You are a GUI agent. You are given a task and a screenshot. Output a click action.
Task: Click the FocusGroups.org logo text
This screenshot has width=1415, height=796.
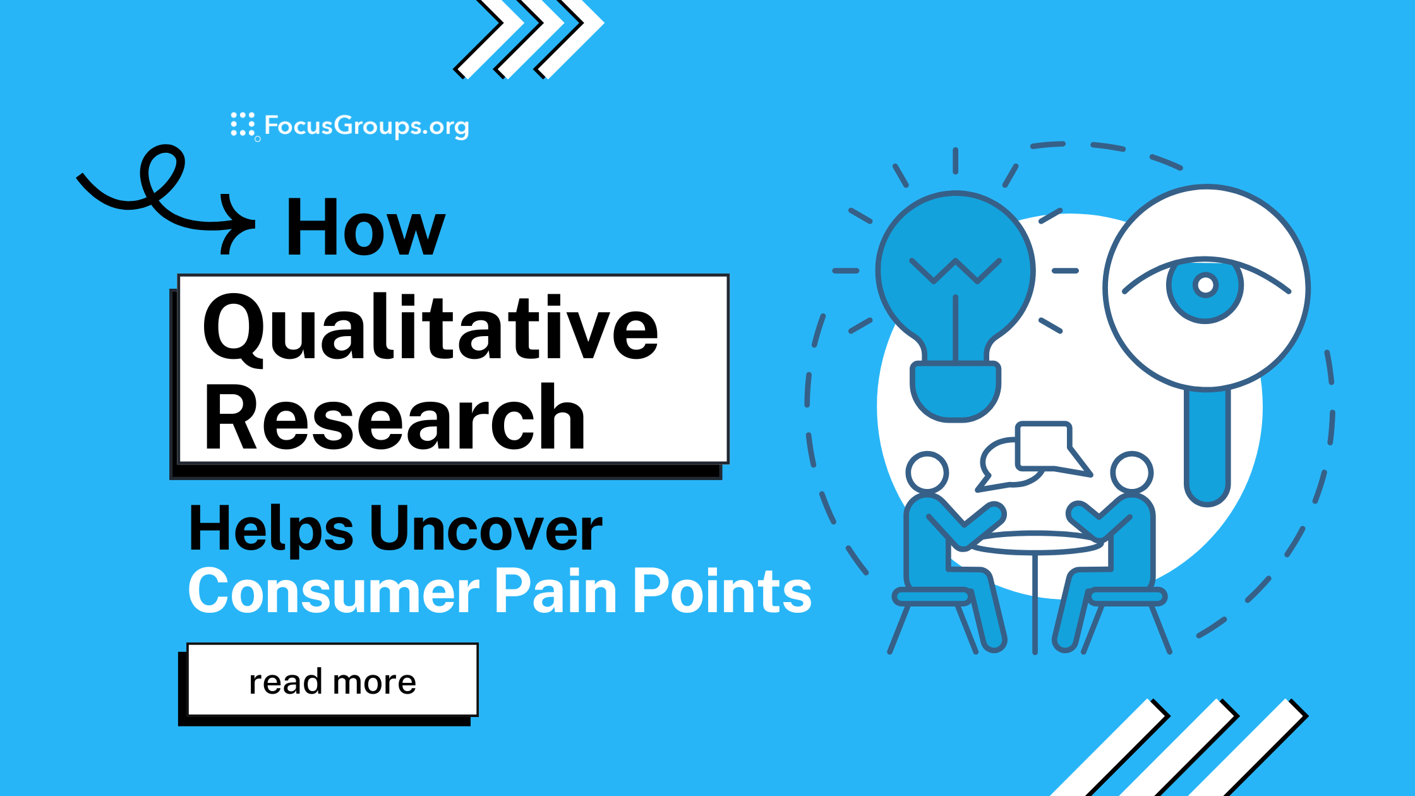(x=366, y=126)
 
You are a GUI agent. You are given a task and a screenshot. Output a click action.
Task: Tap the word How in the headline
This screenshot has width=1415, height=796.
(x=366, y=227)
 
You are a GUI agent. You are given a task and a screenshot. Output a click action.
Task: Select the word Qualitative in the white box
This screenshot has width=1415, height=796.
(x=430, y=329)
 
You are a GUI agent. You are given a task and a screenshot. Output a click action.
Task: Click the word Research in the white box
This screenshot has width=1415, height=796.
(x=394, y=418)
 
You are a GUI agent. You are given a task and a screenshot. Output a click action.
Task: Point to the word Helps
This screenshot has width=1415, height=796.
(x=271, y=529)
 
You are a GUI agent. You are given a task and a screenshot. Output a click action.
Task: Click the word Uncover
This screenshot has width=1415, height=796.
(x=486, y=529)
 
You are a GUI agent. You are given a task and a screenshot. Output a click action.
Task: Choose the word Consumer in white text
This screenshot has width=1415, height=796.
(x=334, y=591)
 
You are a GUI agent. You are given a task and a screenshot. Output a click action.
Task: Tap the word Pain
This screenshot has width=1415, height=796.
(x=556, y=591)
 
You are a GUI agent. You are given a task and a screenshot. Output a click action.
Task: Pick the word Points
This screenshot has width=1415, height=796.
(x=722, y=591)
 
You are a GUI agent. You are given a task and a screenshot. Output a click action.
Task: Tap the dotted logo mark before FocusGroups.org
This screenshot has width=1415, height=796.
(x=243, y=124)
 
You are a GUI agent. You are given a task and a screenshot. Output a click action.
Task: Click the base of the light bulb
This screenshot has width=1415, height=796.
(x=955, y=391)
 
